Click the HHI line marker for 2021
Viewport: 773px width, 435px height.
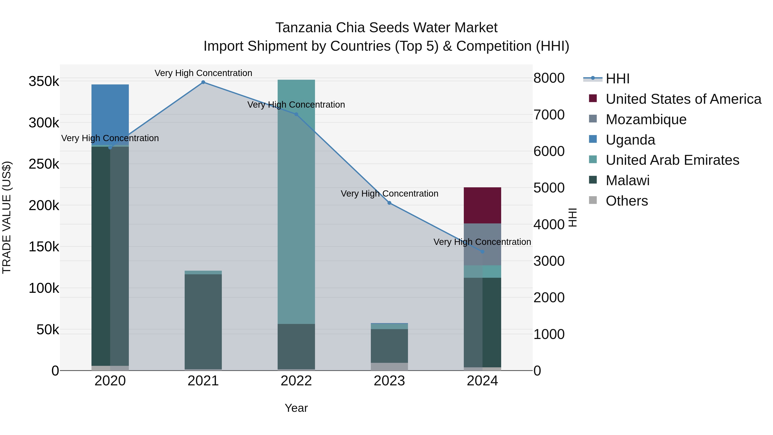click(203, 82)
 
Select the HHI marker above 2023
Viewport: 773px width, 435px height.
click(389, 203)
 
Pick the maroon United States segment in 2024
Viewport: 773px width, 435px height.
click(482, 205)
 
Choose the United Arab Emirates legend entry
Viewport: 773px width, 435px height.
click(672, 160)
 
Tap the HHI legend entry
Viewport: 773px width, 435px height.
click(617, 79)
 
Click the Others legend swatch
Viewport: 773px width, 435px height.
click(593, 200)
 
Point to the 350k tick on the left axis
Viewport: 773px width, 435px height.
click(44, 81)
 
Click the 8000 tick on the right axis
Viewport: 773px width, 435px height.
click(549, 78)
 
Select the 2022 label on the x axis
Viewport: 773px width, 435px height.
click(296, 381)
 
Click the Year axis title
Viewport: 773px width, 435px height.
click(296, 408)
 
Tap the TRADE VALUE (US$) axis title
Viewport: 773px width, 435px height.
click(7, 217)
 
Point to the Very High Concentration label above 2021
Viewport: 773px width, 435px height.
click(203, 73)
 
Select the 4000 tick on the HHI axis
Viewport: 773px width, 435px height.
click(549, 224)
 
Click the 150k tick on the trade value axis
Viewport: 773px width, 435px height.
click(44, 247)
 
